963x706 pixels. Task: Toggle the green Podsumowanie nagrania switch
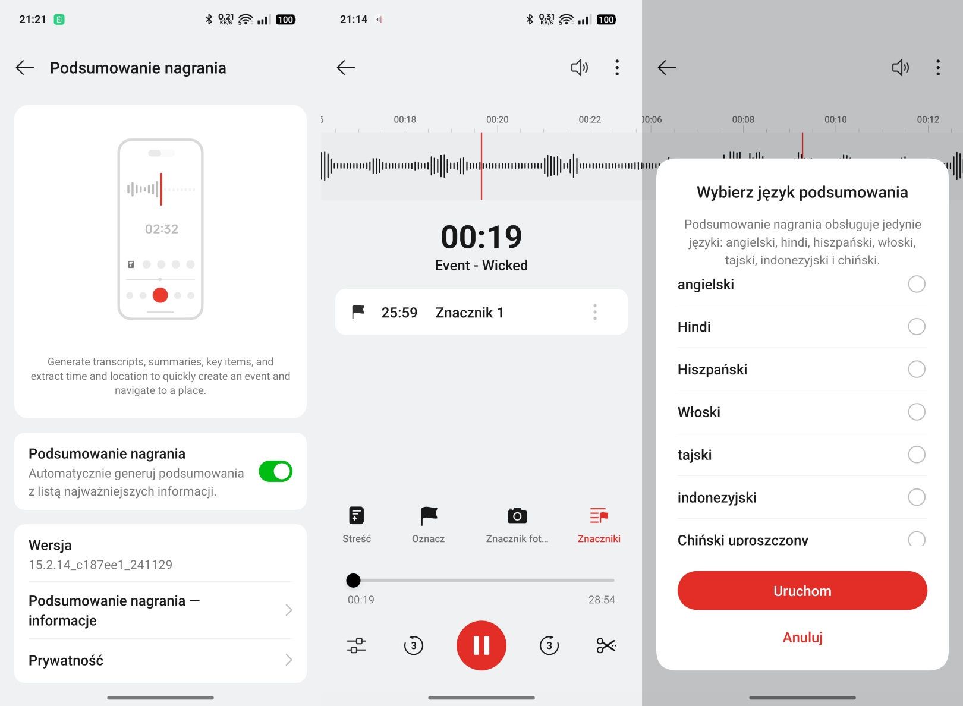(x=275, y=471)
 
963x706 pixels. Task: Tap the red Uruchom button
(x=802, y=590)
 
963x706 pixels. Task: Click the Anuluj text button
(x=802, y=637)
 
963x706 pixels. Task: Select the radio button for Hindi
(x=917, y=327)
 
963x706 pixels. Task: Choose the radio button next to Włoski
(x=917, y=412)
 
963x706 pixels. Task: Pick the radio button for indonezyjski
(x=917, y=497)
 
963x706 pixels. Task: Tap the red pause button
(x=481, y=645)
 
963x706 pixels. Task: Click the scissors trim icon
(x=606, y=645)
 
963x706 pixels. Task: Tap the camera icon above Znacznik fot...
(x=517, y=515)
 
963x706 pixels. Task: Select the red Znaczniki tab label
(x=599, y=538)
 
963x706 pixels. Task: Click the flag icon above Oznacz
(x=429, y=516)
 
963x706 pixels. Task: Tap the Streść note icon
(x=357, y=515)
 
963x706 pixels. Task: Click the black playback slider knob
(x=353, y=580)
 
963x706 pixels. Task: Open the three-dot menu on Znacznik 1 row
(x=595, y=312)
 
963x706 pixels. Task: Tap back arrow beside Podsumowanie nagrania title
(x=24, y=68)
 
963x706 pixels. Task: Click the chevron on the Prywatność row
(x=289, y=660)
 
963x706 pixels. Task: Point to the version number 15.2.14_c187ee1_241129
(x=100, y=565)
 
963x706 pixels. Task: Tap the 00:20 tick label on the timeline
(x=497, y=119)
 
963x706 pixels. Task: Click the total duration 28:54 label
(x=602, y=600)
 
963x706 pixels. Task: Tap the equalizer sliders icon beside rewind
(x=357, y=645)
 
